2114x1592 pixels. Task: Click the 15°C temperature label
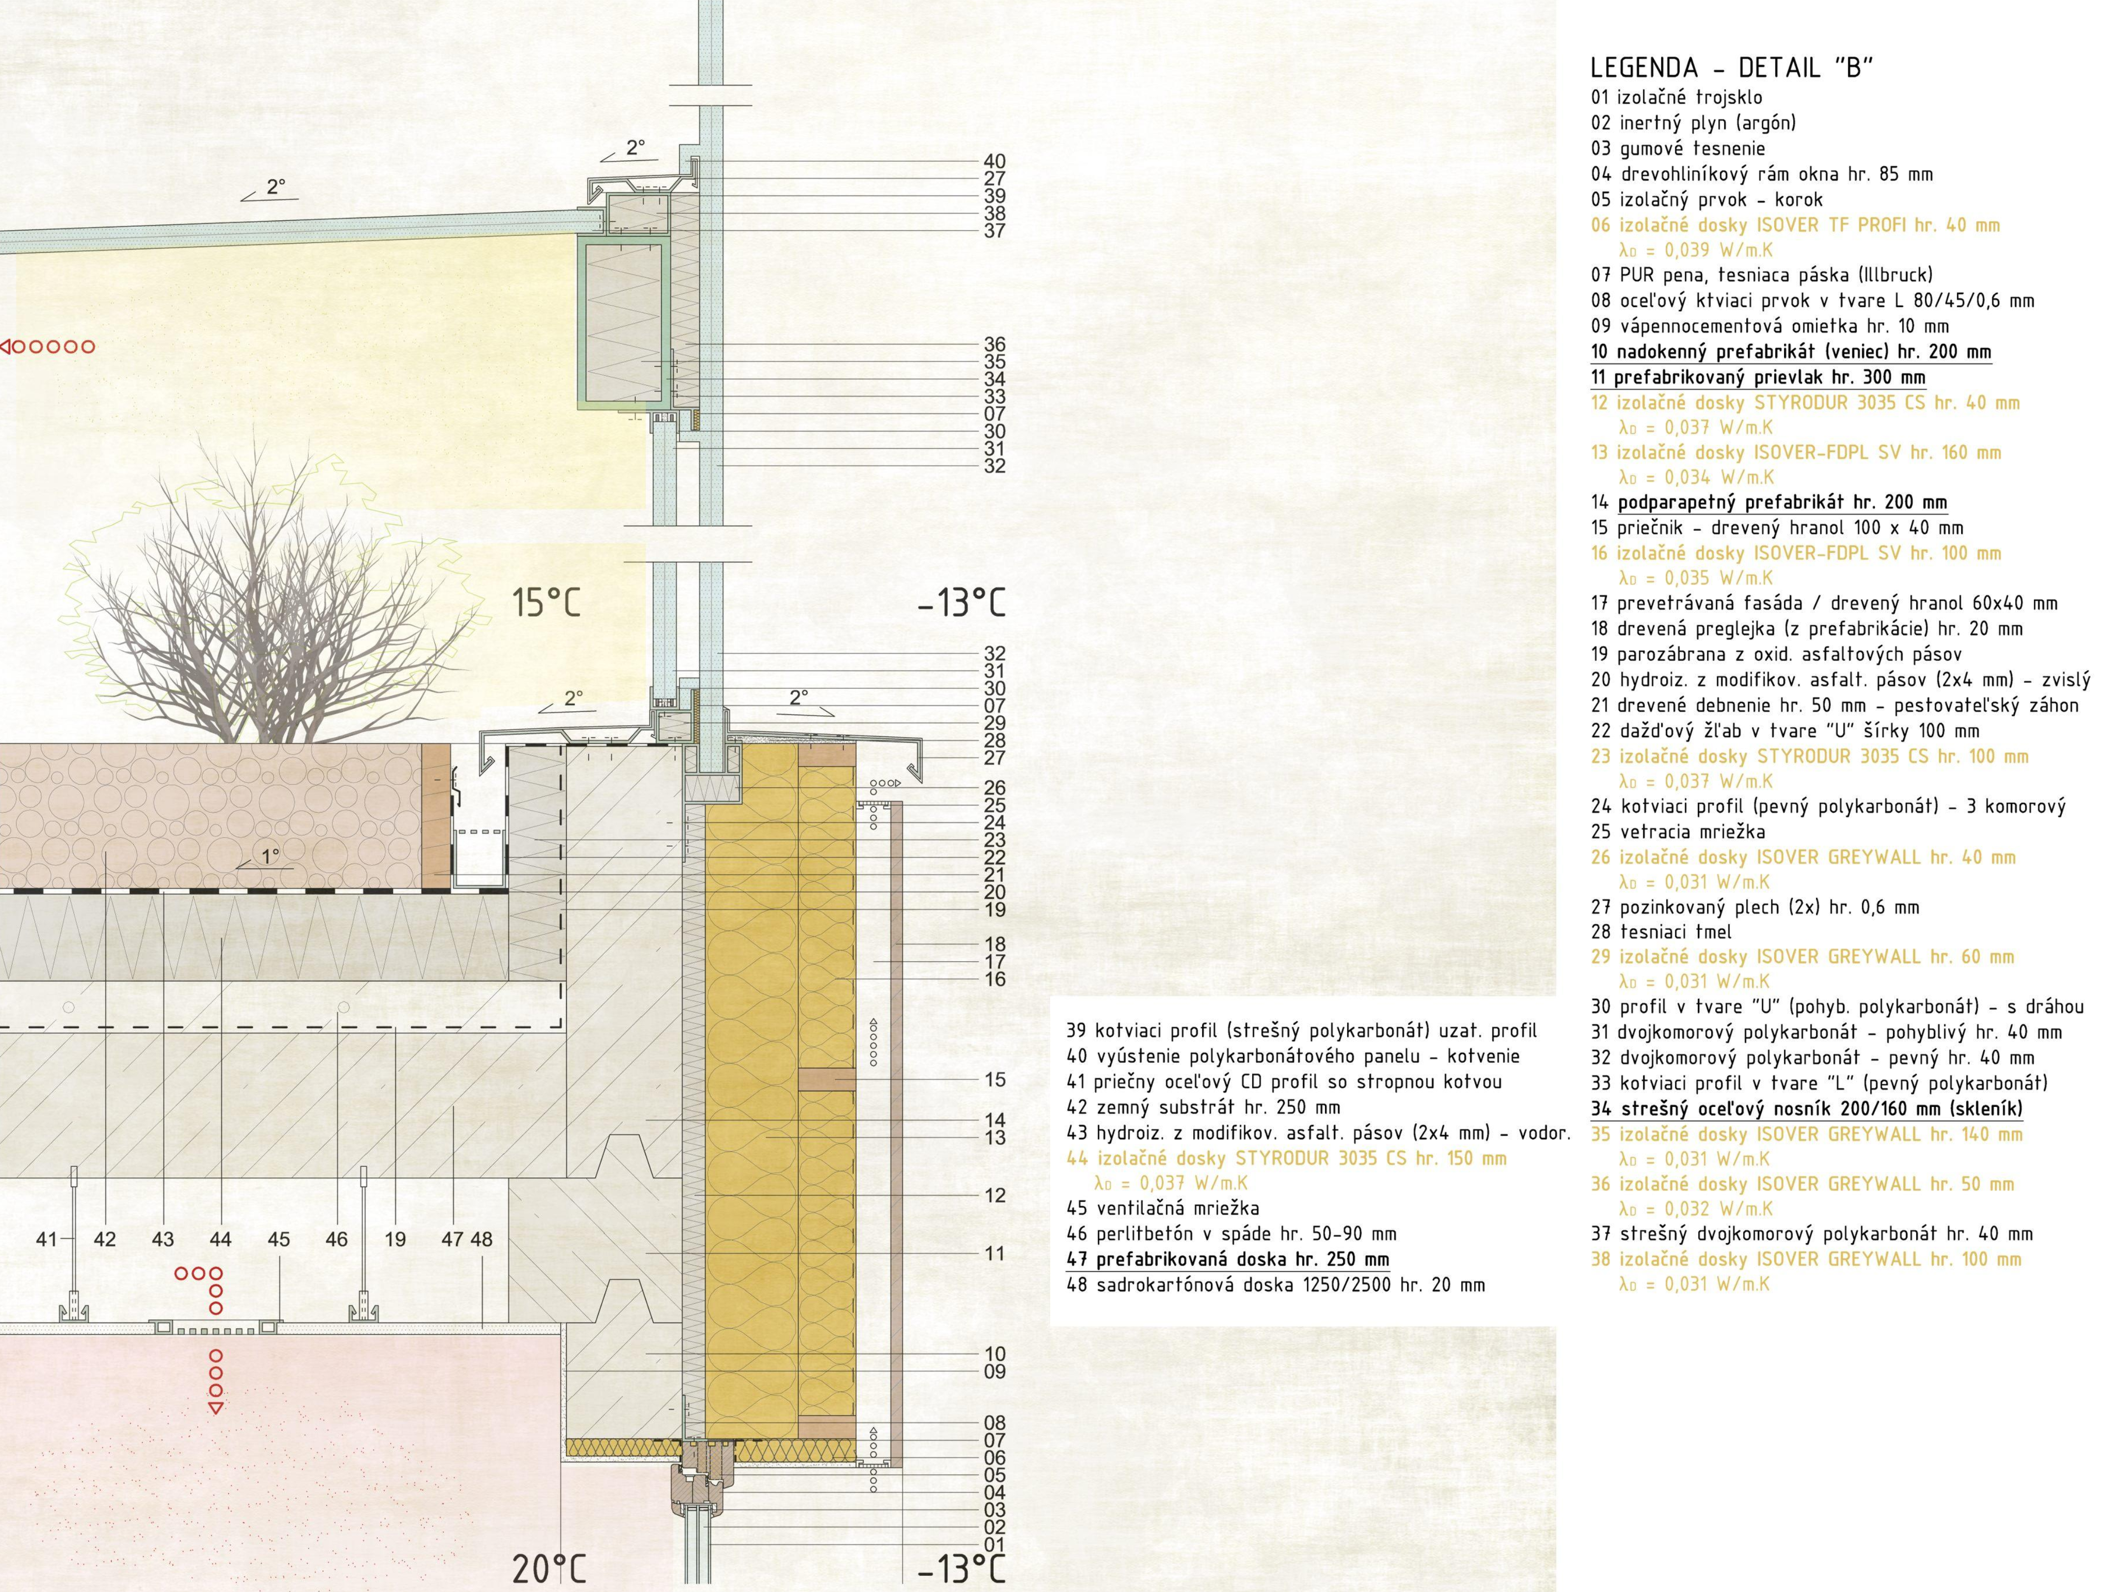pos(545,603)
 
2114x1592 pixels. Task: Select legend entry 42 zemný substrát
pos(1203,1107)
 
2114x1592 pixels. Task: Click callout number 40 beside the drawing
pos(994,161)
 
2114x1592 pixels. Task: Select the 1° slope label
pos(271,856)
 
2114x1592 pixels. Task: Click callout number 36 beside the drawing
pos(994,344)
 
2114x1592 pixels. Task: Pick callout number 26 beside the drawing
pos(994,788)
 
